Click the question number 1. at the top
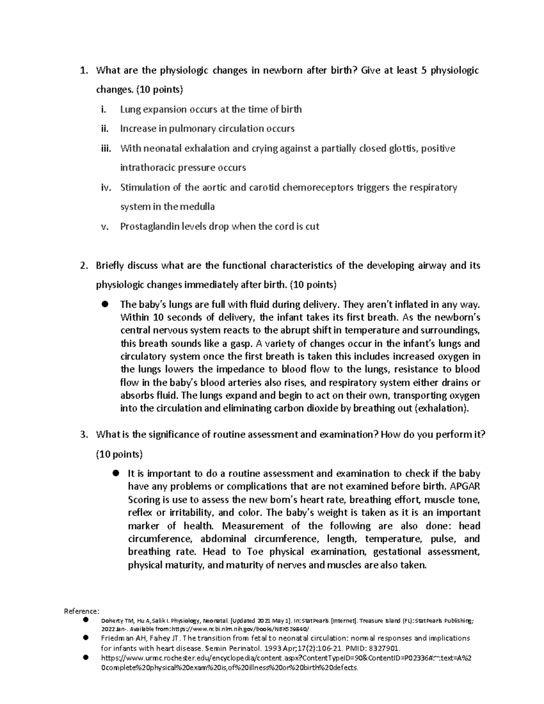coord(83,71)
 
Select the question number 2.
coord(83,266)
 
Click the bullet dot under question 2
coord(104,305)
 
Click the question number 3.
coord(83,435)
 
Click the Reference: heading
coord(81,611)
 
